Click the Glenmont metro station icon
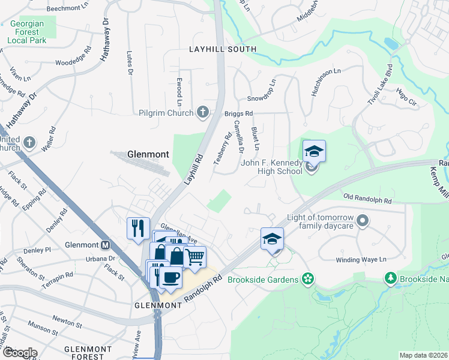pyautogui.click(x=106, y=245)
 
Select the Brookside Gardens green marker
pyautogui.click(x=307, y=279)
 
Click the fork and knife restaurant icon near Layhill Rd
pyautogui.click(x=137, y=227)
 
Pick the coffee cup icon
pyautogui.click(x=171, y=277)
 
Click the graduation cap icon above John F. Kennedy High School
pyautogui.click(x=313, y=151)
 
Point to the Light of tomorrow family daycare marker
pyautogui.click(x=362, y=221)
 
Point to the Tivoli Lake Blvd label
pyautogui.click(x=379, y=84)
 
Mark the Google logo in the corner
pyautogui.click(x=20, y=353)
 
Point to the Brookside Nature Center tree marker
pyautogui.click(x=390, y=278)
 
